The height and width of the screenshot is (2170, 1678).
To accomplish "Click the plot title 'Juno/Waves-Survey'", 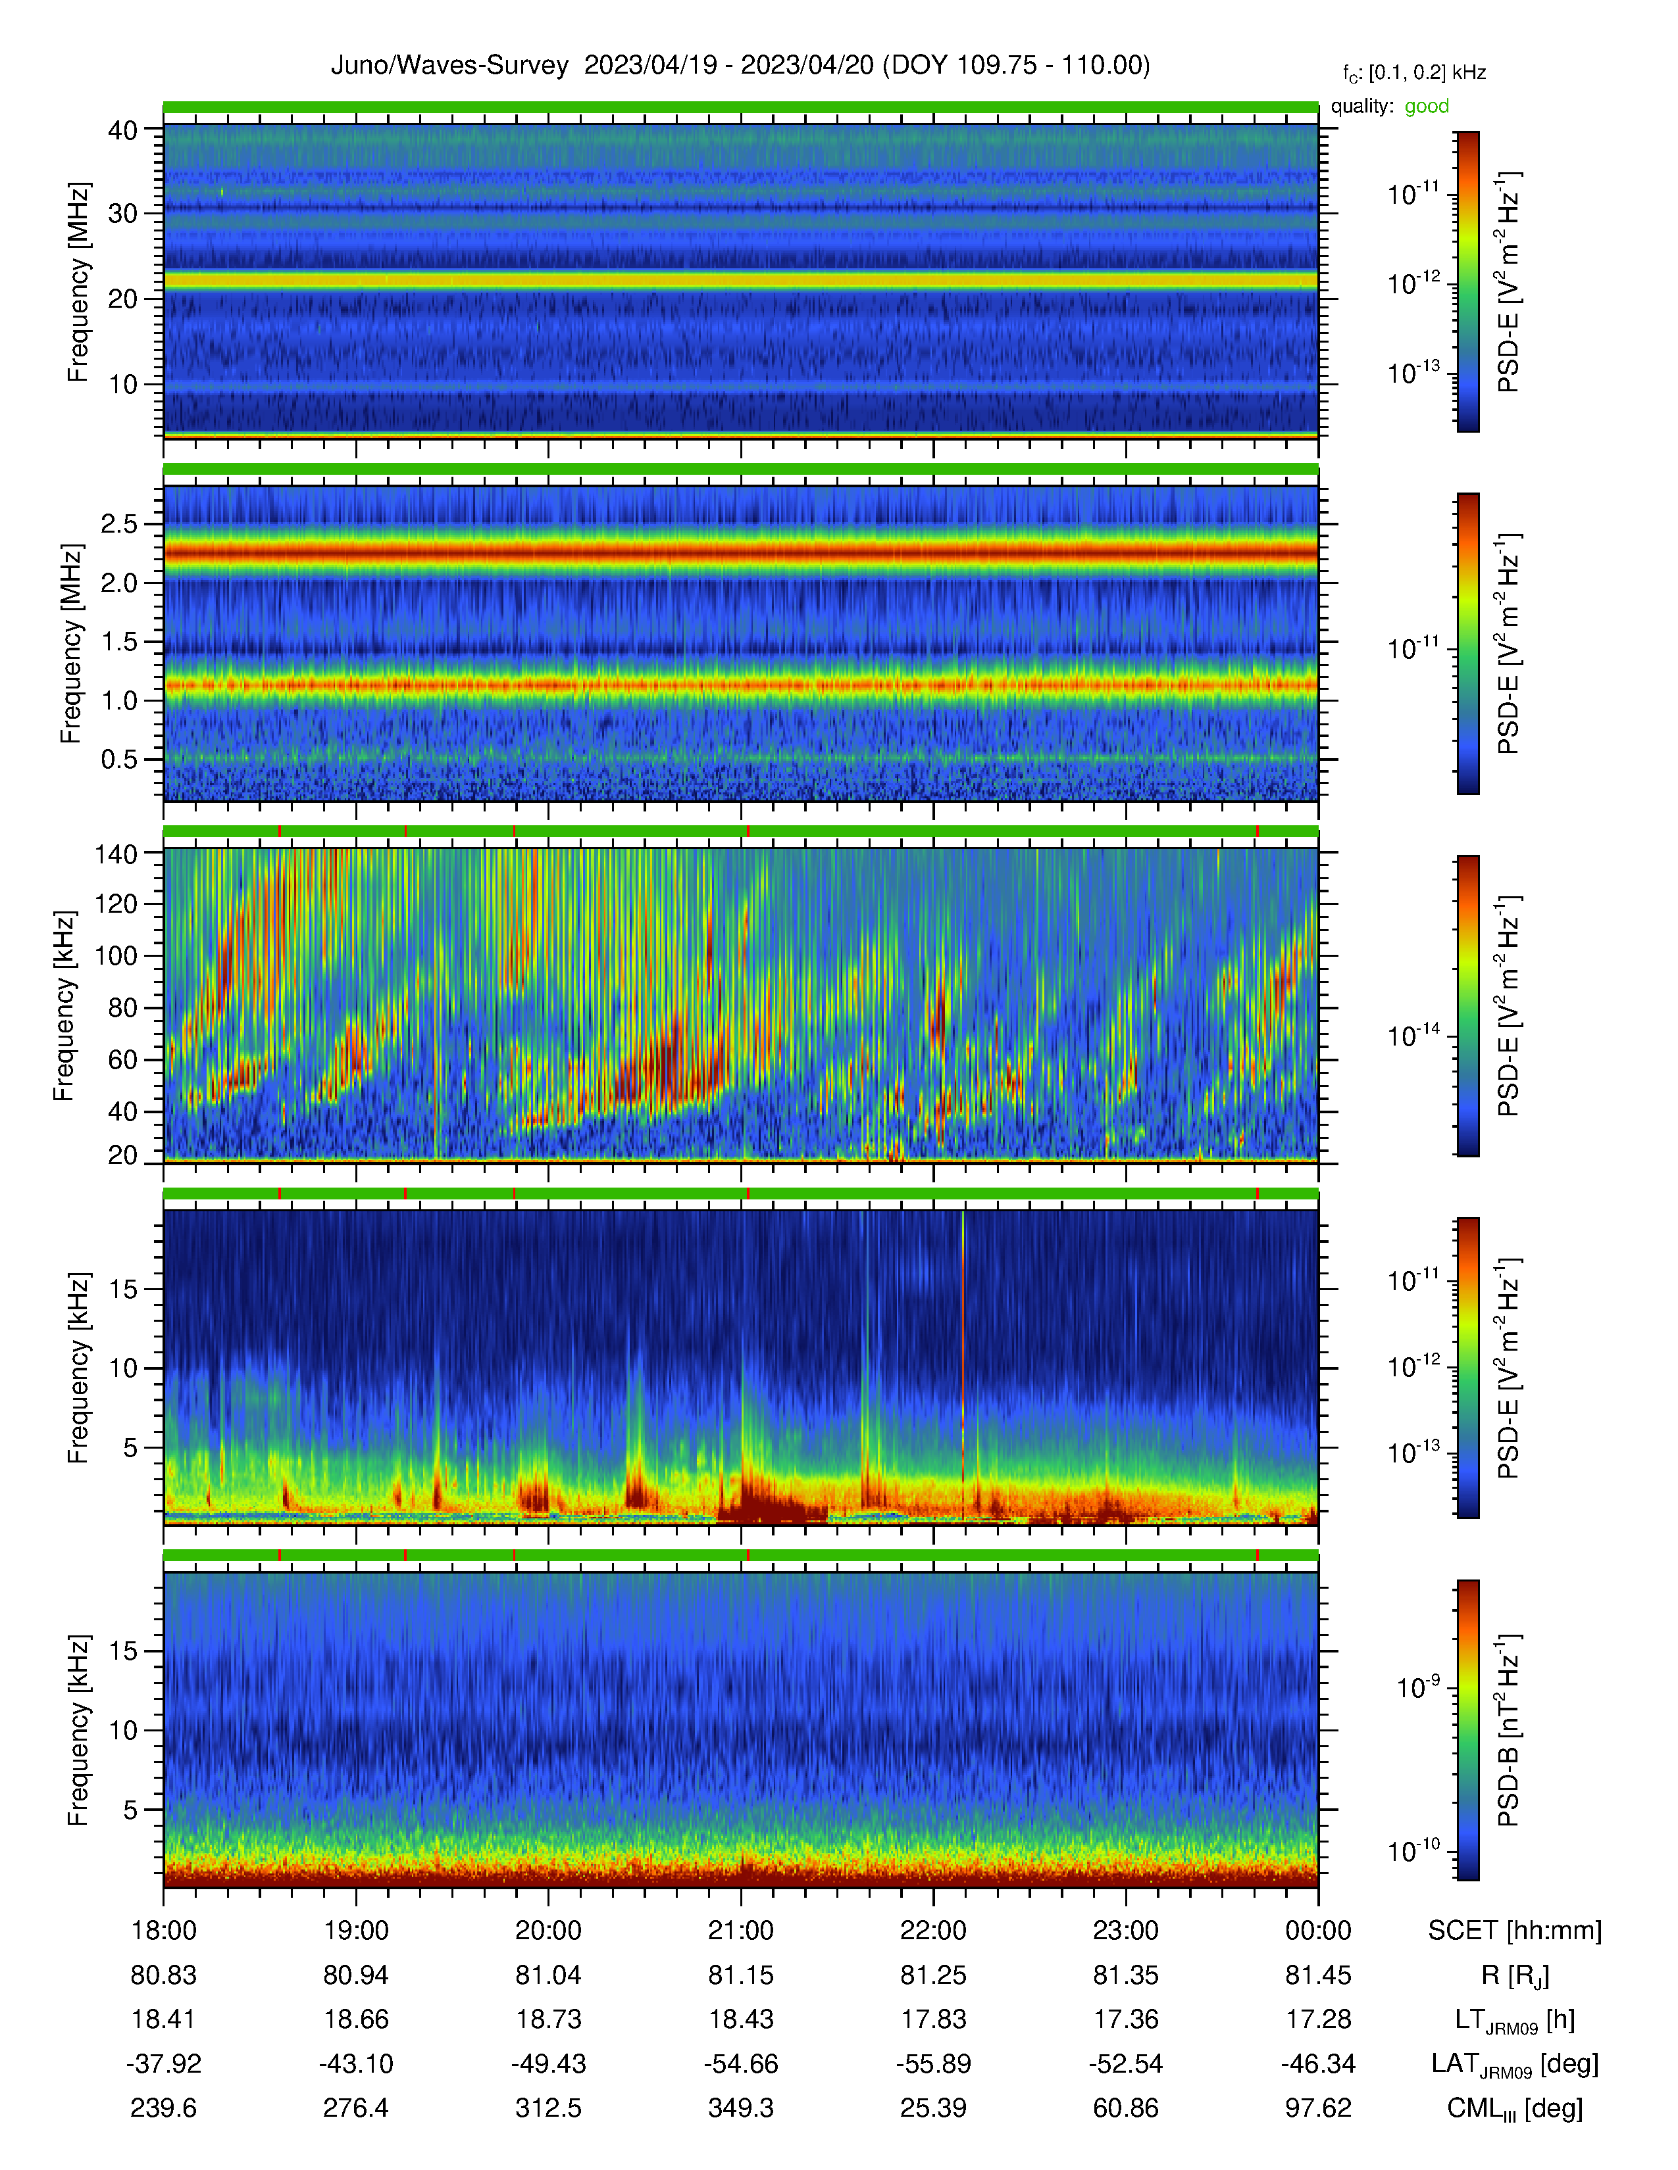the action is [449, 66].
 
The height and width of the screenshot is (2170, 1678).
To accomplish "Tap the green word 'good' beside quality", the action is [1427, 107].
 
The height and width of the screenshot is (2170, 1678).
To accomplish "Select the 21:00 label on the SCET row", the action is [740, 1931].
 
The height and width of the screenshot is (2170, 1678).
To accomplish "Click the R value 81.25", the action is [934, 1975].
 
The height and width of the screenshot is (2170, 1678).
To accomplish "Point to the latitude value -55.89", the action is [934, 2063].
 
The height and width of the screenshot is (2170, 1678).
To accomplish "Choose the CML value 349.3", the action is [740, 2108].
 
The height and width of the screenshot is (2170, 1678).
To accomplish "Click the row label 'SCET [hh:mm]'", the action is [1515, 1931].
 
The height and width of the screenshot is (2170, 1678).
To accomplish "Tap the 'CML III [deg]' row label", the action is [1515, 2108].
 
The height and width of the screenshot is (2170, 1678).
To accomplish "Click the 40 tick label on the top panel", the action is [123, 130].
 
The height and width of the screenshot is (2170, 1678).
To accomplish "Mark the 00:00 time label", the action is [1318, 1931].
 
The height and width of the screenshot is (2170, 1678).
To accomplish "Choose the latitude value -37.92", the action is [164, 2063].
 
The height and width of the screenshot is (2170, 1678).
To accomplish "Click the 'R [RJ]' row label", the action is [1515, 1975].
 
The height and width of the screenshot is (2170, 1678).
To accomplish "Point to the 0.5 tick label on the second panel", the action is [119, 759].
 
